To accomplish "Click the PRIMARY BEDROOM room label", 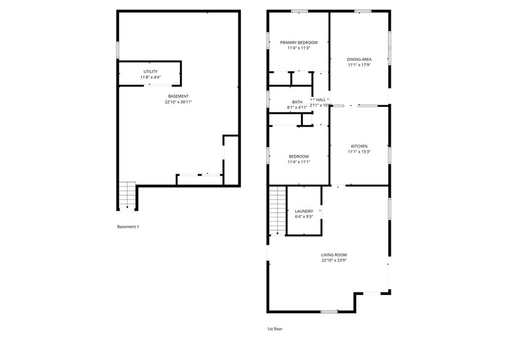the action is click(x=299, y=43).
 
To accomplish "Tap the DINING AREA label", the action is click(x=359, y=59).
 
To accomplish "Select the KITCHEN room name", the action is click(x=359, y=146).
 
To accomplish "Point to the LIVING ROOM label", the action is click(x=334, y=255).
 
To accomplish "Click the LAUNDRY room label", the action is click(x=304, y=211).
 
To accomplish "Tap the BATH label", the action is click(x=297, y=102).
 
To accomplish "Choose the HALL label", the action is click(x=321, y=100).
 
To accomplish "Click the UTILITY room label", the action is click(x=151, y=71).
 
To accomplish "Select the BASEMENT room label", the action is click(x=178, y=97).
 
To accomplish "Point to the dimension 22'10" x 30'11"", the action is click(x=178, y=102).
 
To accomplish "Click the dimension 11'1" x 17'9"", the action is click(x=359, y=65).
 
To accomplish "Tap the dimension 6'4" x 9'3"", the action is click(x=304, y=217).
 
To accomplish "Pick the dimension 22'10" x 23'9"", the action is click(x=334, y=260).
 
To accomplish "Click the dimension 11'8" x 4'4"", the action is click(x=151, y=77).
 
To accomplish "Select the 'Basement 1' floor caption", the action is click(x=128, y=227).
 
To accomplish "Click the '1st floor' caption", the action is click(x=275, y=329).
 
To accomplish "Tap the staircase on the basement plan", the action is click(x=127, y=196).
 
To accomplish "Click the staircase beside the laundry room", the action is click(x=278, y=211).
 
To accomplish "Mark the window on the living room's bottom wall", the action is click(x=329, y=312).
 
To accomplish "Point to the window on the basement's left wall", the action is click(x=118, y=50).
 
